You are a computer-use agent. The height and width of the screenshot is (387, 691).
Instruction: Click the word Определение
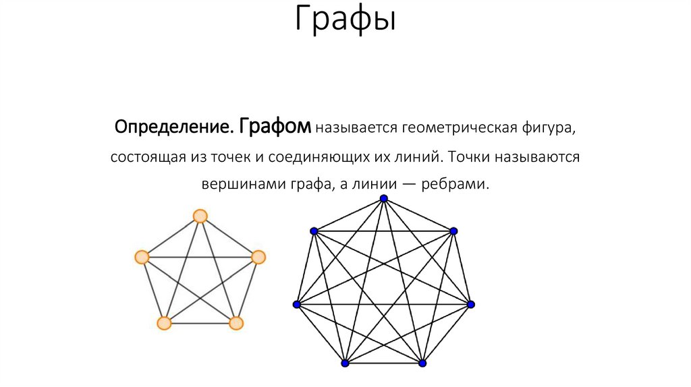coord(173,127)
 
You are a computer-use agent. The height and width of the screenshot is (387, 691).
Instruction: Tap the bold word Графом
coord(275,126)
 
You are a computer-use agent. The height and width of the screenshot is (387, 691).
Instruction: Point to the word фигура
coord(548,127)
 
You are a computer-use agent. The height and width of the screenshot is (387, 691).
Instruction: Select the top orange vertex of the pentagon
coord(200,216)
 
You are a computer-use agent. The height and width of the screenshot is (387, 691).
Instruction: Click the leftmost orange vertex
coord(142,257)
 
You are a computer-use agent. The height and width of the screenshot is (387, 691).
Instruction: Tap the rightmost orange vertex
coord(258,257)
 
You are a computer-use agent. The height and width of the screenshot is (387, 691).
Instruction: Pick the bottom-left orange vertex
coord(164,323)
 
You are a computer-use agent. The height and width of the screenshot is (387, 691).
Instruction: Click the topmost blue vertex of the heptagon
coord(384,198)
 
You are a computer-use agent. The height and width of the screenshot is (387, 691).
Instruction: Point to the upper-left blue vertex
coord(314,231)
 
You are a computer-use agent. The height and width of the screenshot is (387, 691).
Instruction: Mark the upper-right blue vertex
coord(453,231)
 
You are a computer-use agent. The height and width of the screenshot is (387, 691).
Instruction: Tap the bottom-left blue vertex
coord(345,363)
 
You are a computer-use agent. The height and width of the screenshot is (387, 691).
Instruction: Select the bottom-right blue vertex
coord(423,363)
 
